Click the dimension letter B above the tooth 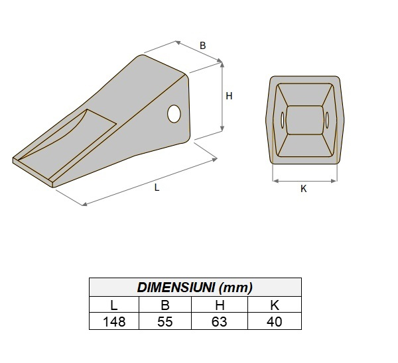202,46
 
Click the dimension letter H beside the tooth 229,96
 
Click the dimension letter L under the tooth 157,187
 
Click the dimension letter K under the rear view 304,189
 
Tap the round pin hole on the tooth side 175,113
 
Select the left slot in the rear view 283,121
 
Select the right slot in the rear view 328,120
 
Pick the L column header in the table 114,305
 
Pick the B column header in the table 165,305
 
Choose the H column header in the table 220,305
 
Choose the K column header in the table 274,305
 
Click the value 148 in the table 114,321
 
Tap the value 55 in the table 165,321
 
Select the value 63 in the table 220,321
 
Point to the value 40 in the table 274,321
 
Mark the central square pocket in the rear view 305,121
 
